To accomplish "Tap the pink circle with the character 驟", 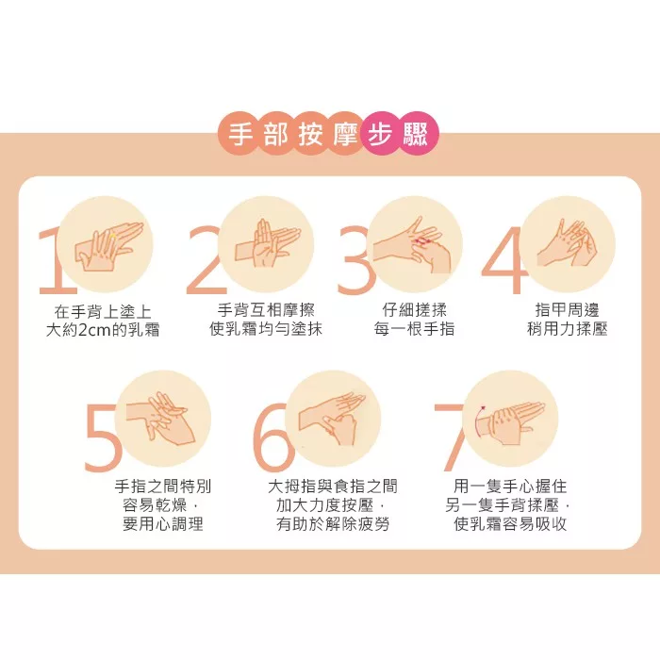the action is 416,134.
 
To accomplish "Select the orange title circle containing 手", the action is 239,134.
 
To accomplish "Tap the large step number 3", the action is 355,261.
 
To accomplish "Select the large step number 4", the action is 503,261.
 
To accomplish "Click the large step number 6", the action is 272,437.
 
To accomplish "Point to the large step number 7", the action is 451,437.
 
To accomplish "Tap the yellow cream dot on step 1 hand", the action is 112,236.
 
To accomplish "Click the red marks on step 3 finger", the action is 421,240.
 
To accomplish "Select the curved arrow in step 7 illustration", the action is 478,421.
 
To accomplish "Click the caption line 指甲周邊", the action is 567,310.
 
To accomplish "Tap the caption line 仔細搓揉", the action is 414,310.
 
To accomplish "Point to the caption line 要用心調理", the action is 163,524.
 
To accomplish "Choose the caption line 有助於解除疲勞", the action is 333,524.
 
